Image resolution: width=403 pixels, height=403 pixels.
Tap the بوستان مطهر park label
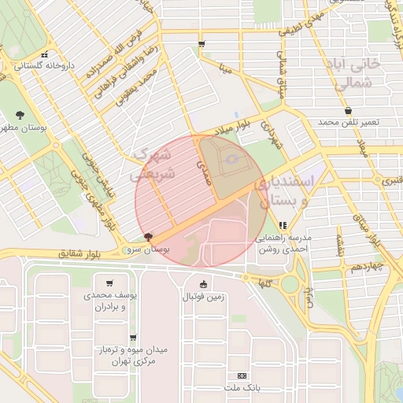click(x=21, y=126)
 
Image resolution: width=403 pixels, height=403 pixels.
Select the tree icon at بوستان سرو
click(x=149, y=236)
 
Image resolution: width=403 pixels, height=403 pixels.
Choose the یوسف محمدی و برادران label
click(x=109, y=301)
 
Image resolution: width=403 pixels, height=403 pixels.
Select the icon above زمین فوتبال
click(x=204, y=284)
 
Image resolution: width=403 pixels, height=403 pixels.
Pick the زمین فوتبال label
click(x=204, y=297)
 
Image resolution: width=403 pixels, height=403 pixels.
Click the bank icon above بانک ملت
click(x=241, y=376)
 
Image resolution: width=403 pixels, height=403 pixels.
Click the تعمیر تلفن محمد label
click(x=349, y=124)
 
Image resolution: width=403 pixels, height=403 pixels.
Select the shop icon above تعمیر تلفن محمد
click(x=348, y=111)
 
